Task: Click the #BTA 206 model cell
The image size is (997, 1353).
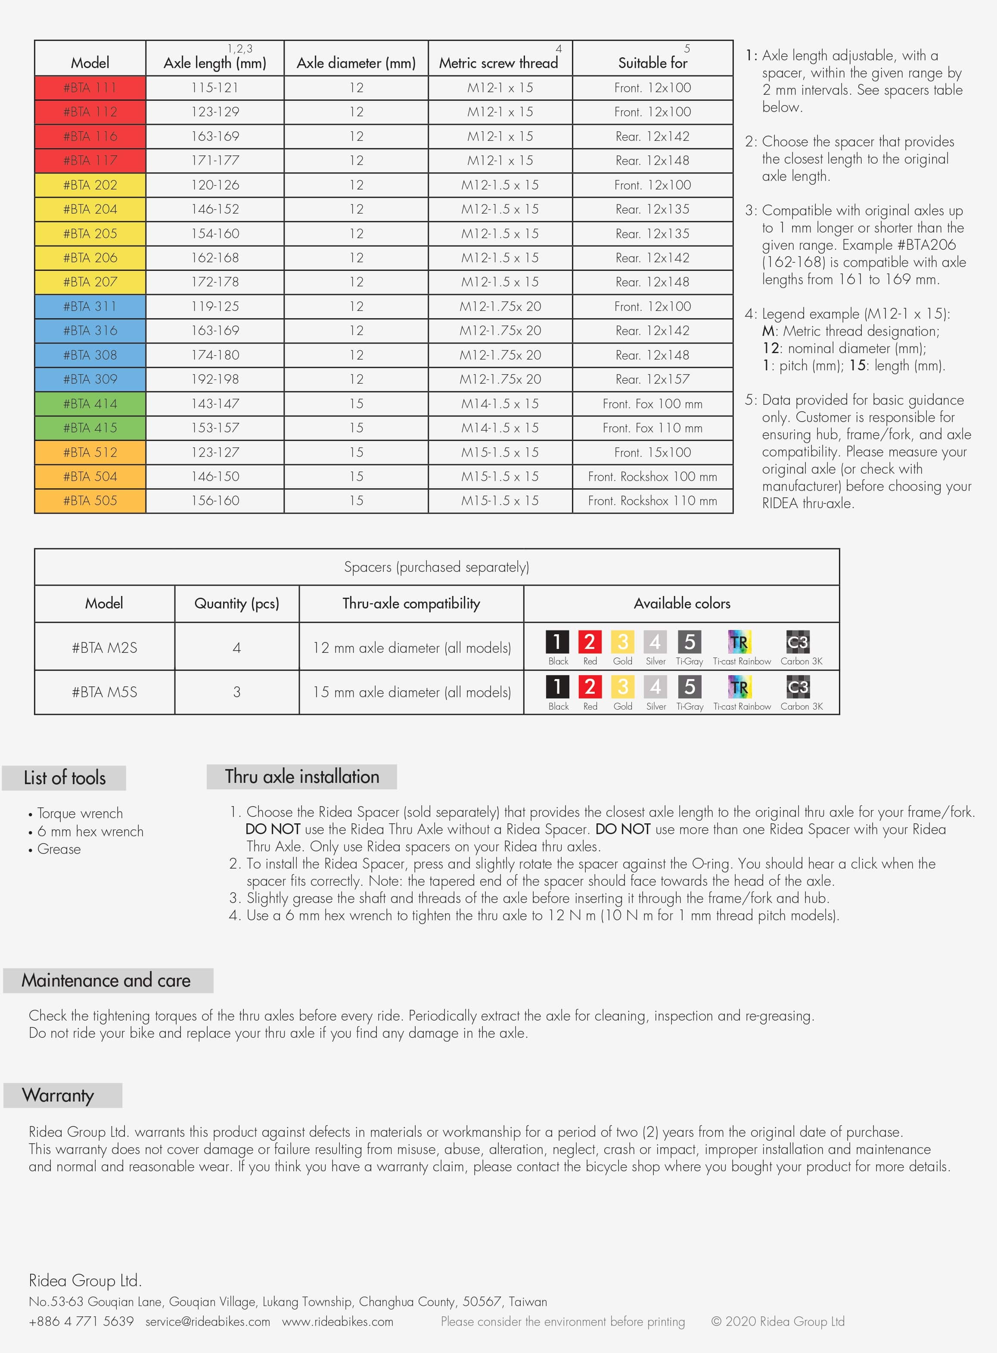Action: (x=90, y=258)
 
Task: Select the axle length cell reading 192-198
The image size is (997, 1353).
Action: (x=215, y=379)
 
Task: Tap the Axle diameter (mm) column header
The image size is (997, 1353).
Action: (x=356, y=63)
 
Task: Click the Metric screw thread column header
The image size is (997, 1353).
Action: (x=499, y=63)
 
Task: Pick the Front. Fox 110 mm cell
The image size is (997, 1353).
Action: (x=652, y=428)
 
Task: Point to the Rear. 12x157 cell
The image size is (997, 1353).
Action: (x=652, y=379)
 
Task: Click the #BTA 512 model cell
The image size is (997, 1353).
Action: (x=90, y=452)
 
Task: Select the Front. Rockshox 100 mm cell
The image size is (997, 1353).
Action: (x=652, y=477)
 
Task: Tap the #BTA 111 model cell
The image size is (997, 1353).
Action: (x=90, y=87)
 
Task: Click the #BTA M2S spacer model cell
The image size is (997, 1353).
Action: (x=104, y=648)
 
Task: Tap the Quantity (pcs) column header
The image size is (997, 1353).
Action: (x=236, y=603)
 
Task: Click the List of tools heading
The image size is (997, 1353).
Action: (x=65, y=778)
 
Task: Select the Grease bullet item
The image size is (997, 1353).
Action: (x=59, y=849)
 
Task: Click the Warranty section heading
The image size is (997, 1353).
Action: (x=58, y=1095)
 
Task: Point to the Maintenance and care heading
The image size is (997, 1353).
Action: (x=106, y=981)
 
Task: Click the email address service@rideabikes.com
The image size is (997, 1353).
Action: (x=208, y=1322)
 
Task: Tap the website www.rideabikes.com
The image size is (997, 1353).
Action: (x=337, y=1322)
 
